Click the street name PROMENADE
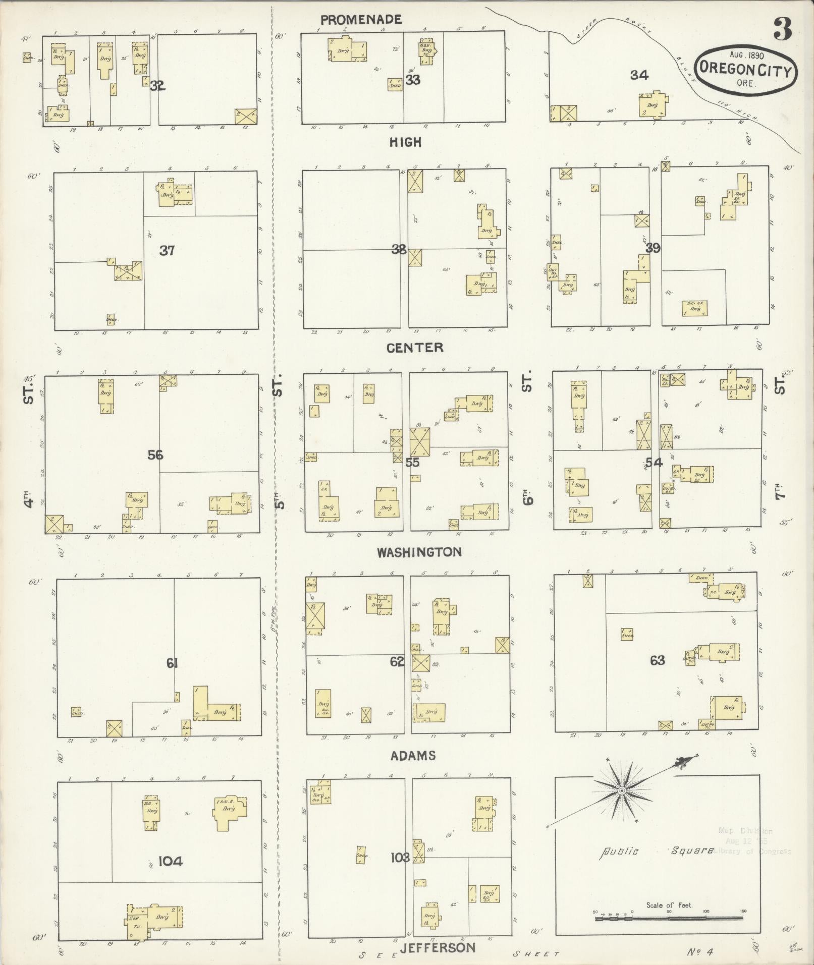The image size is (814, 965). tap(361, 20)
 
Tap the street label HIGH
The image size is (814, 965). tap(405, 142)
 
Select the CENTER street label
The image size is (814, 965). tap(415, 348)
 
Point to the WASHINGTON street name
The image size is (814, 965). tap(419, 552)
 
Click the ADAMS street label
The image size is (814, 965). tap(413, 755)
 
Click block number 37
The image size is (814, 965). tap(167, 250)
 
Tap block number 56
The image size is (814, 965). tap(155, 455)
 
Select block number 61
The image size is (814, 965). tap(172, 663)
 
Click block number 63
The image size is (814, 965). tap(657, 660)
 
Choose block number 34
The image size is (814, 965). tap(639, 75)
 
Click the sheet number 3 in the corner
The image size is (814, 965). tap(783, 31)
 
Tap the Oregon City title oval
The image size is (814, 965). tap(745, 70)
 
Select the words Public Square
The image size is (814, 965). tap(656, 851)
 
